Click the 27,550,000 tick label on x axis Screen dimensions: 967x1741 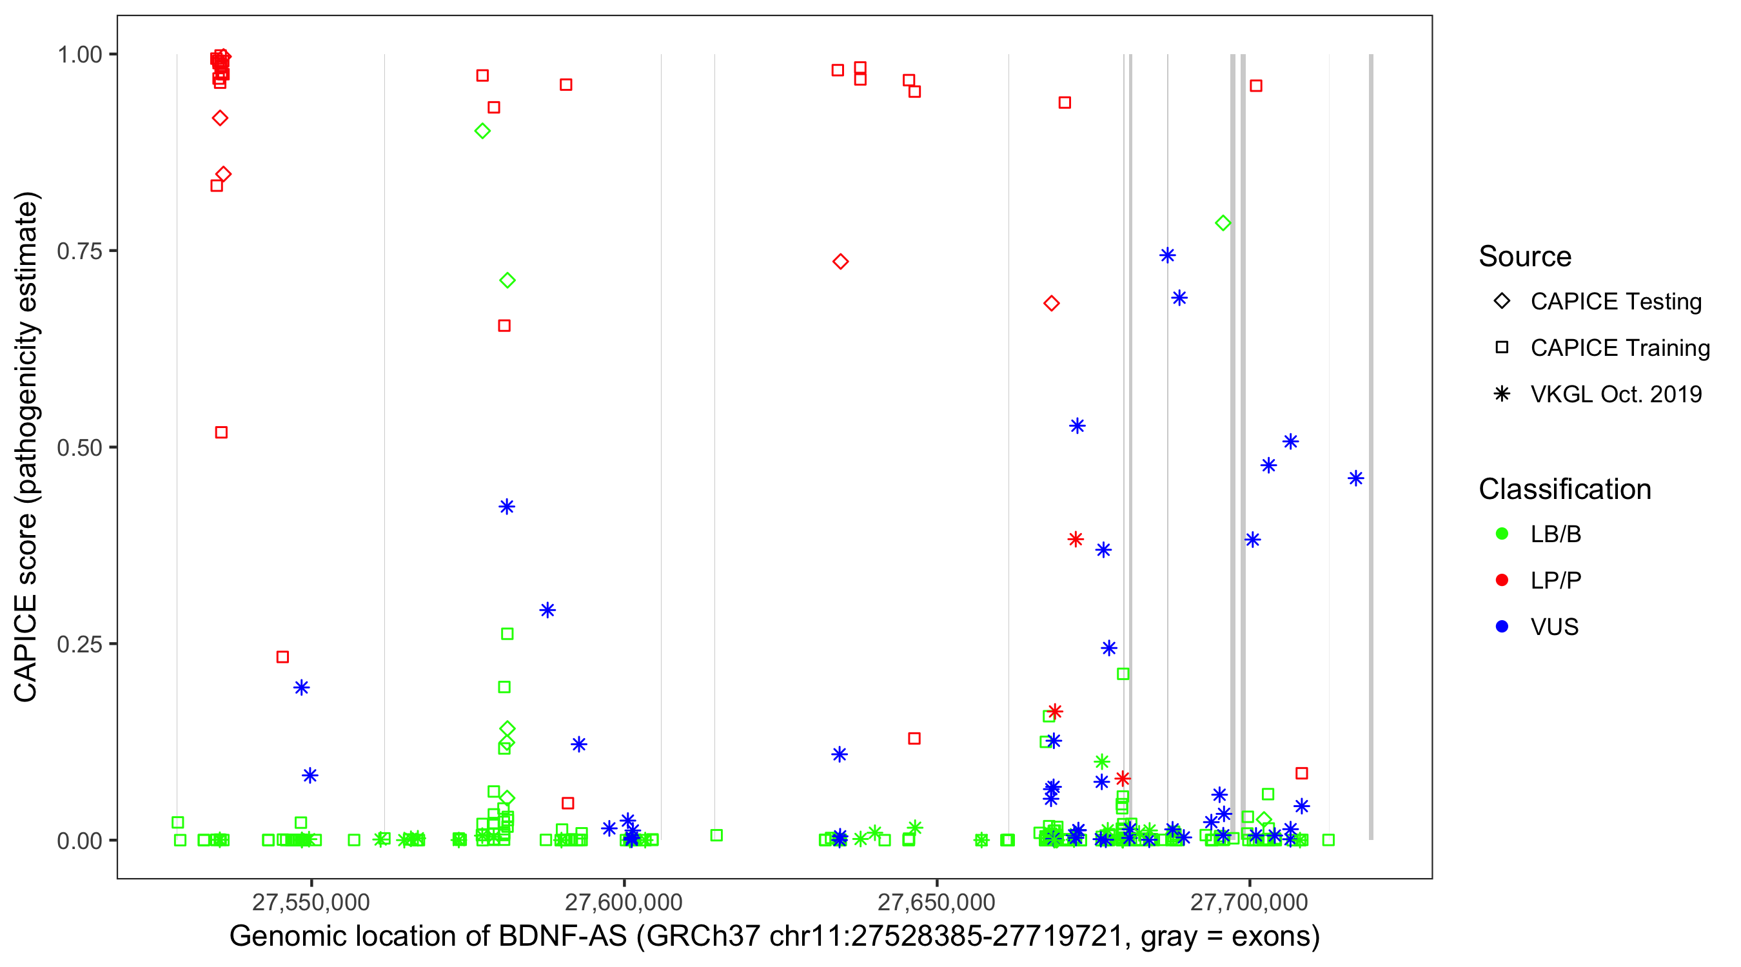coord(311,902)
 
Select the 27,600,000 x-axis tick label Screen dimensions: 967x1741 coord(624,902)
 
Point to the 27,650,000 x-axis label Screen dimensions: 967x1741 coord(937,902)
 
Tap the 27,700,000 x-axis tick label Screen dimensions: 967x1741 coord(1250,902)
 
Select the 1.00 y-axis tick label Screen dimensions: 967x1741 coord(79,55)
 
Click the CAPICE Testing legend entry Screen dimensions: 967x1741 coord(1616,302)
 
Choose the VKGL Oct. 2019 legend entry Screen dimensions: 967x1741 coord(1616,394)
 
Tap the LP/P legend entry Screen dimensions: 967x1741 coord(1555,580)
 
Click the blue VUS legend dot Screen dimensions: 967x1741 coord(1502,627)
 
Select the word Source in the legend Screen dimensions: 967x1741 coord(1525,257)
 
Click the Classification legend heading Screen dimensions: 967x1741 coord(1564,489)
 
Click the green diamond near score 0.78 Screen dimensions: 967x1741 coord(1223,223)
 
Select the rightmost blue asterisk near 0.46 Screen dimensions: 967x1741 coord(1356,478)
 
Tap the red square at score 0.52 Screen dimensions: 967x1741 coord(221,433)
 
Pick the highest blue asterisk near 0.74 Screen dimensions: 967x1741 coord(1167,255)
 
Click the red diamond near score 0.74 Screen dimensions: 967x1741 coord(840,262)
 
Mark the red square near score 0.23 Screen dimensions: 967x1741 coord(282,657)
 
